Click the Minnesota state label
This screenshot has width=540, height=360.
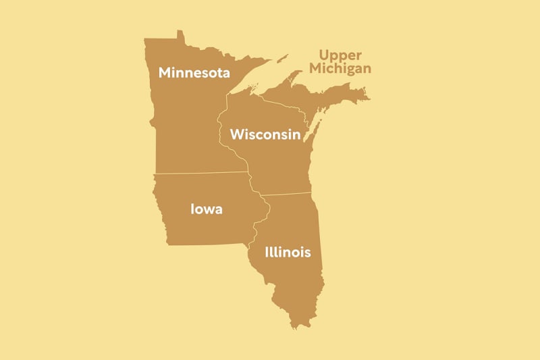(194, 72)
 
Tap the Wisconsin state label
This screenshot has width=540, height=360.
(265, 134)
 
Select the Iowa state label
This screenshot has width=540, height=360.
(207, 209)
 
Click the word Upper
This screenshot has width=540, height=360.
(340, 55)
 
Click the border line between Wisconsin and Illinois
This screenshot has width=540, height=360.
(287, 195)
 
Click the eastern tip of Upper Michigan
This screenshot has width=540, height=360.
(369, 99)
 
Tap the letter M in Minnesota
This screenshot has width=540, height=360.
(165, 72)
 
